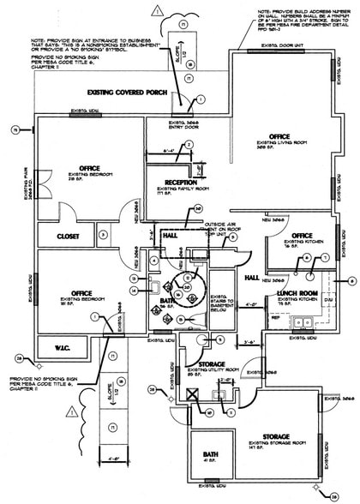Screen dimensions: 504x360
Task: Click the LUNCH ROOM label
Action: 297,292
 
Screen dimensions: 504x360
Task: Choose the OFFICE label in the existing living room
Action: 280,136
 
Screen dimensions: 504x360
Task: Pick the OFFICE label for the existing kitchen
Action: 302,236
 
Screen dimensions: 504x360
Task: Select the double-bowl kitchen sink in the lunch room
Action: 302,323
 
